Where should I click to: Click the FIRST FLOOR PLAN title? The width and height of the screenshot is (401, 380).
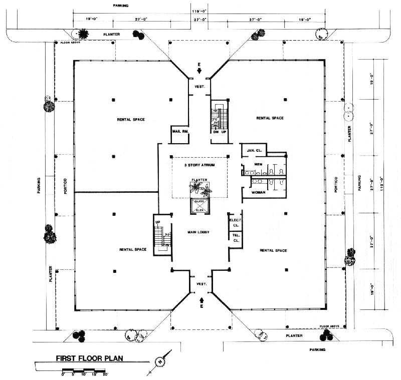pos(89,358)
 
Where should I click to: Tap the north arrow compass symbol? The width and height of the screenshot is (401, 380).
pos(160,361)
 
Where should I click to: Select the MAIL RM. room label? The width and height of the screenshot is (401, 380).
pos(179,132)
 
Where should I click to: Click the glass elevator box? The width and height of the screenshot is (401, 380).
pos(199,206)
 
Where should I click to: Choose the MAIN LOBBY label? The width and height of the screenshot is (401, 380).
pos(198,232)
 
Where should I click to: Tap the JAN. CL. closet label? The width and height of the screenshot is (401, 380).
pos(252,150)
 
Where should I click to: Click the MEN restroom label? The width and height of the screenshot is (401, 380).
pos(259,164)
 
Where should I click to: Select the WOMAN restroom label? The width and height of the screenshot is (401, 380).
pos(258,193)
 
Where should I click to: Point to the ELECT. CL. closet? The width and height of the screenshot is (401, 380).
pos(235,222)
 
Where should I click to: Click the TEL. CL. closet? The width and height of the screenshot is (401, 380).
pos(236,237)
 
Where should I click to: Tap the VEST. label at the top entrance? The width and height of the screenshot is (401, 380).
pos(199,86)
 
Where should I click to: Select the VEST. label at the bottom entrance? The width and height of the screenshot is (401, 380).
pos(202,284)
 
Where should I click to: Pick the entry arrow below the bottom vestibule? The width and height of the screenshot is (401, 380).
pos(202,300)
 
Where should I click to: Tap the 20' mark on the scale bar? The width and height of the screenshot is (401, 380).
pos(105,374)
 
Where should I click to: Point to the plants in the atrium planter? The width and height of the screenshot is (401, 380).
pos(199,189)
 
